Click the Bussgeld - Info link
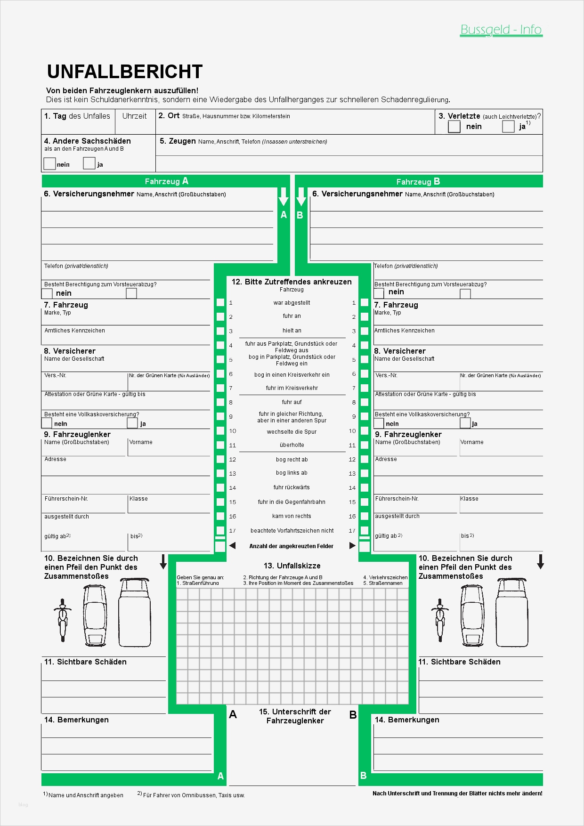coord(501,30)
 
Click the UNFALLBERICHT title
coord(125,72)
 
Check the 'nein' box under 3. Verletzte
coord(454,126)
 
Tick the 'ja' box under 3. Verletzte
coord(508,126)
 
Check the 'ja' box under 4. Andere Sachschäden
coord(89,163)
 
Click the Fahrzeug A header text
coord(166,181)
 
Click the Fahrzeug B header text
coord(418,182)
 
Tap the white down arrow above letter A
coord(283,196)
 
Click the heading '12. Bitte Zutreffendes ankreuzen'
coord(292,282)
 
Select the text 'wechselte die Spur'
coord(292,432)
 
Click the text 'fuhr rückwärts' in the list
coord(292,487)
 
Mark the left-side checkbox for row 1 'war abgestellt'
coord(220,303)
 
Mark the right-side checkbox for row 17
coord(364,531)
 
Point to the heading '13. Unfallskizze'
coord(292,566)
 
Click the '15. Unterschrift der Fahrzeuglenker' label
coord(295,716)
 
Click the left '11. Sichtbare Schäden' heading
coord(85,662)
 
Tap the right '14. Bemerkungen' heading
coord(407,720)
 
